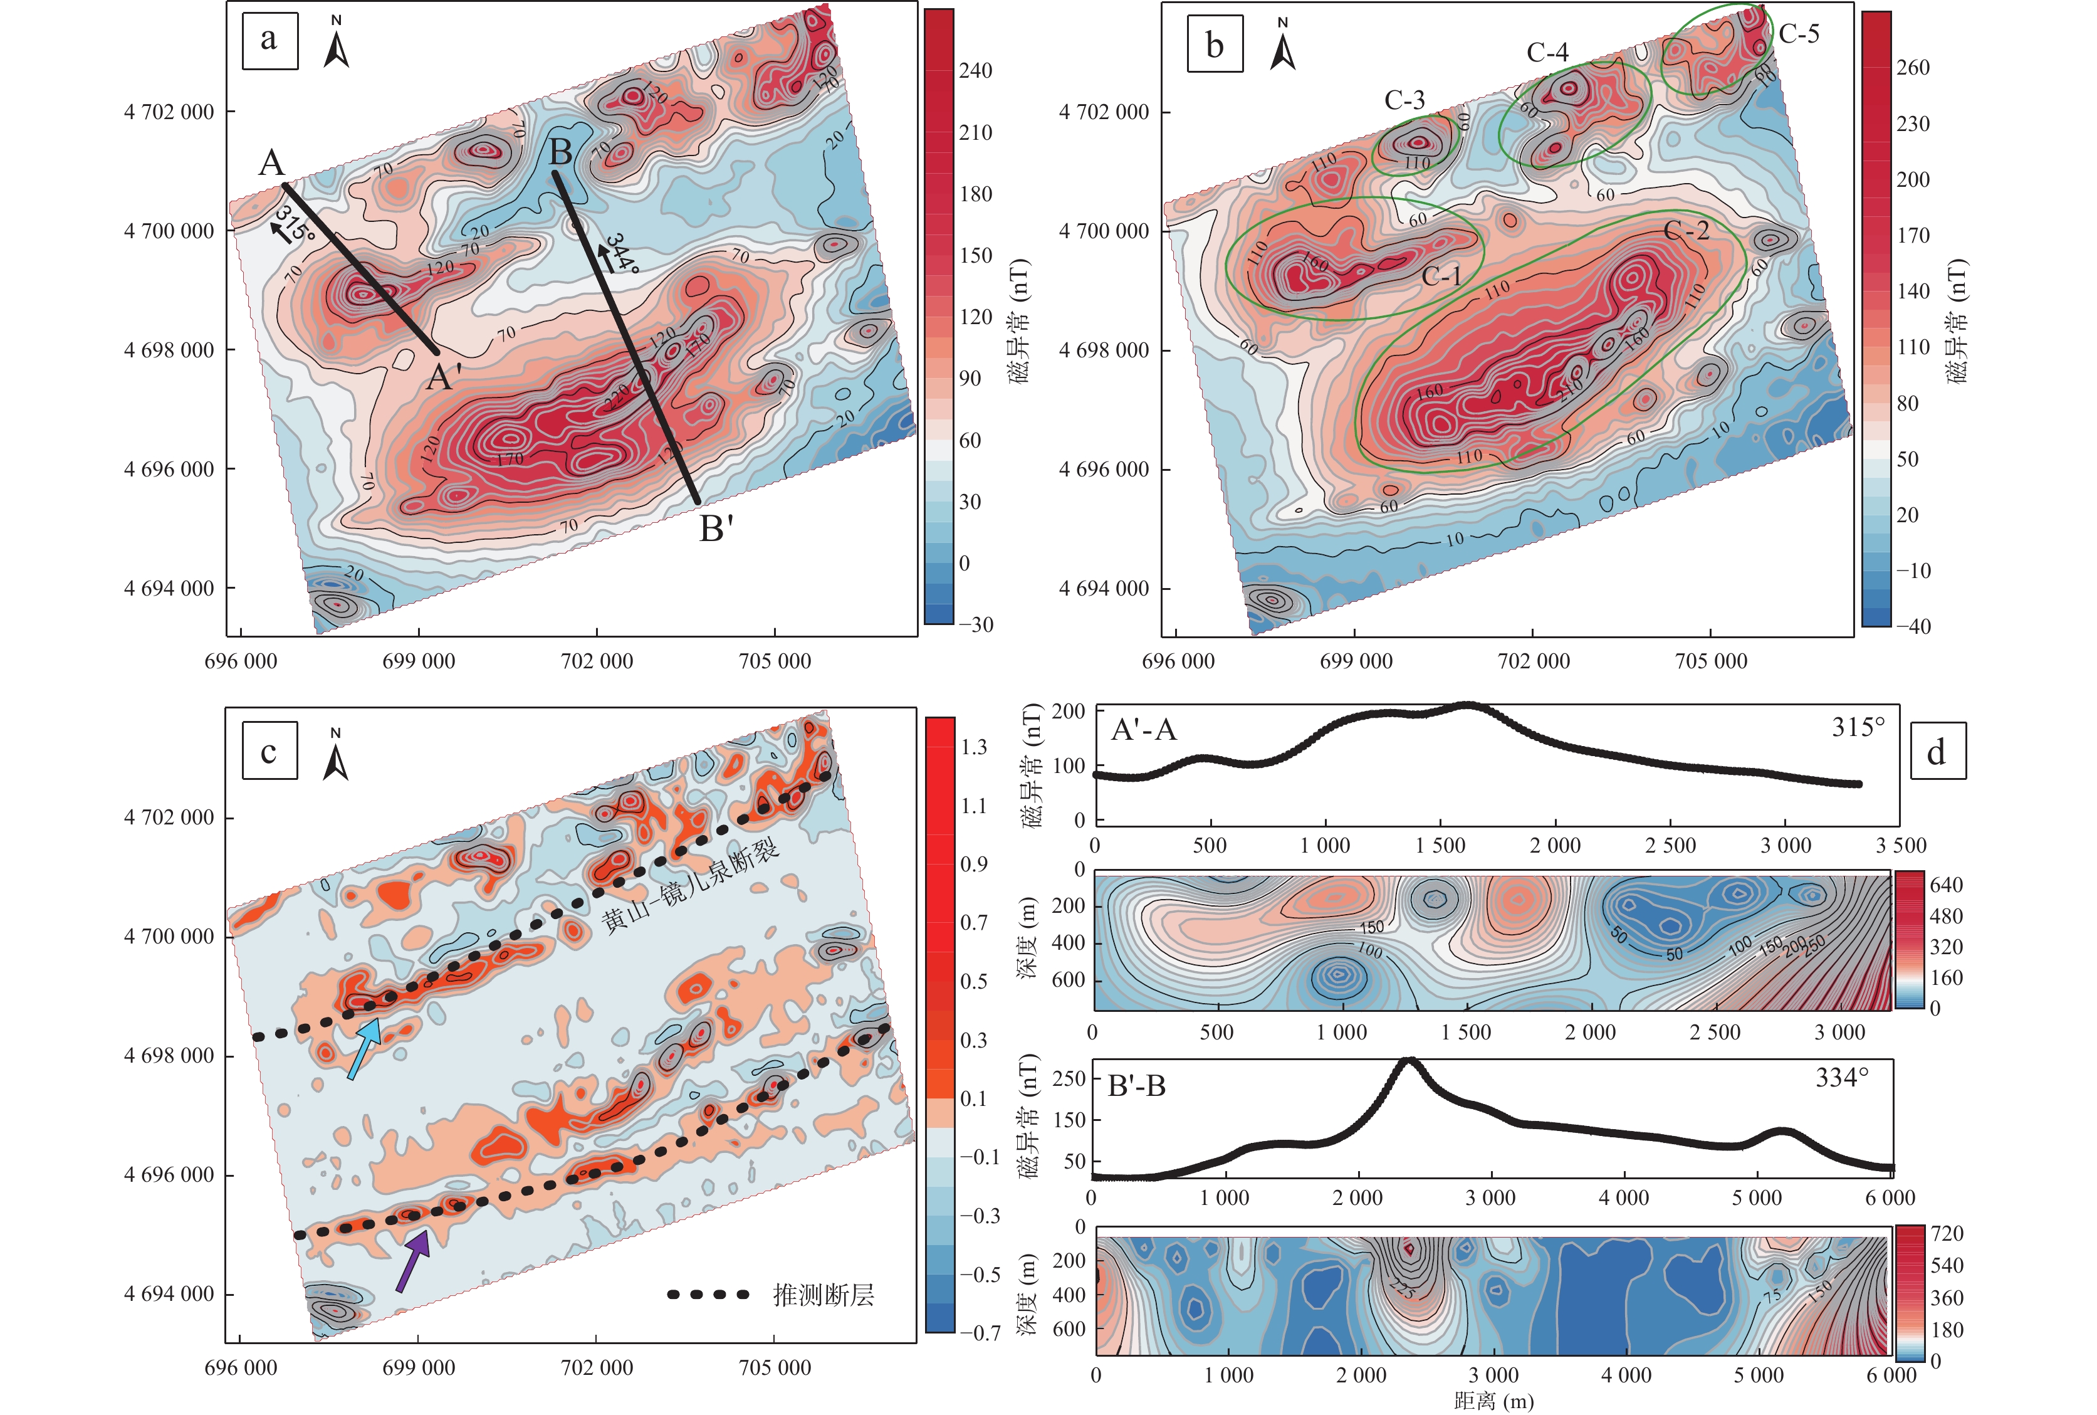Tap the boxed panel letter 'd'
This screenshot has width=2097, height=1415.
[x=1937, y=751]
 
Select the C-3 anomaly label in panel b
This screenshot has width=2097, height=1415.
[x=1404, y=100]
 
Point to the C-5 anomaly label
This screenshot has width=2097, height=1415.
[x=1799, y=34]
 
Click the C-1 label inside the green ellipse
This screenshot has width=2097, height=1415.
[x=1440, y=276]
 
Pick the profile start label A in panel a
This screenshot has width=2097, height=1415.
[x=271, y=164]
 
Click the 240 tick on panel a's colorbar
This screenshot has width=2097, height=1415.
[x=975, y=70]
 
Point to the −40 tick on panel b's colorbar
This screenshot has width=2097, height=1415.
[x=1912, y=626]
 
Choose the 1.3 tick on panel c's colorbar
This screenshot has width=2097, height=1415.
[x=973, y=747]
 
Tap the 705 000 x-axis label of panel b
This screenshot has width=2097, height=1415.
[x=1710, y=661]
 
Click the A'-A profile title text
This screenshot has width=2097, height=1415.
[x=1144, y=729]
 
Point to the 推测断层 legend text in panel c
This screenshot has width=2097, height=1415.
[x=822, y=1295]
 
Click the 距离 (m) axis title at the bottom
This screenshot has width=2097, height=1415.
[x=1493, y=1401]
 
